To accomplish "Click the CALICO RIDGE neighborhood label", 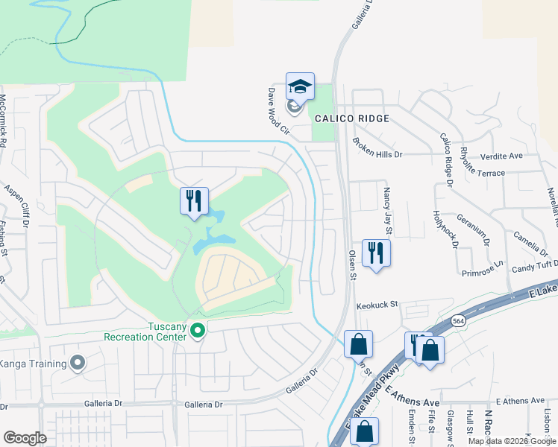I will click(x=352, y=119).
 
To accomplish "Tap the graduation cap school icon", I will click(x=300, y=86).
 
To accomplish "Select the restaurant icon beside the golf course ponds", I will click(x=194, y=201).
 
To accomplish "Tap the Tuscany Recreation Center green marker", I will click(x=197, y=329).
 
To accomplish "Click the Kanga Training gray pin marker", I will click(x=78, y=363).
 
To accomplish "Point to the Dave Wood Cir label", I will click(x=278, y=111).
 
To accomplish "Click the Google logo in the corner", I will click(x=25, y=437).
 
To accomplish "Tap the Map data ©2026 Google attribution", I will click(x=511, y=441).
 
